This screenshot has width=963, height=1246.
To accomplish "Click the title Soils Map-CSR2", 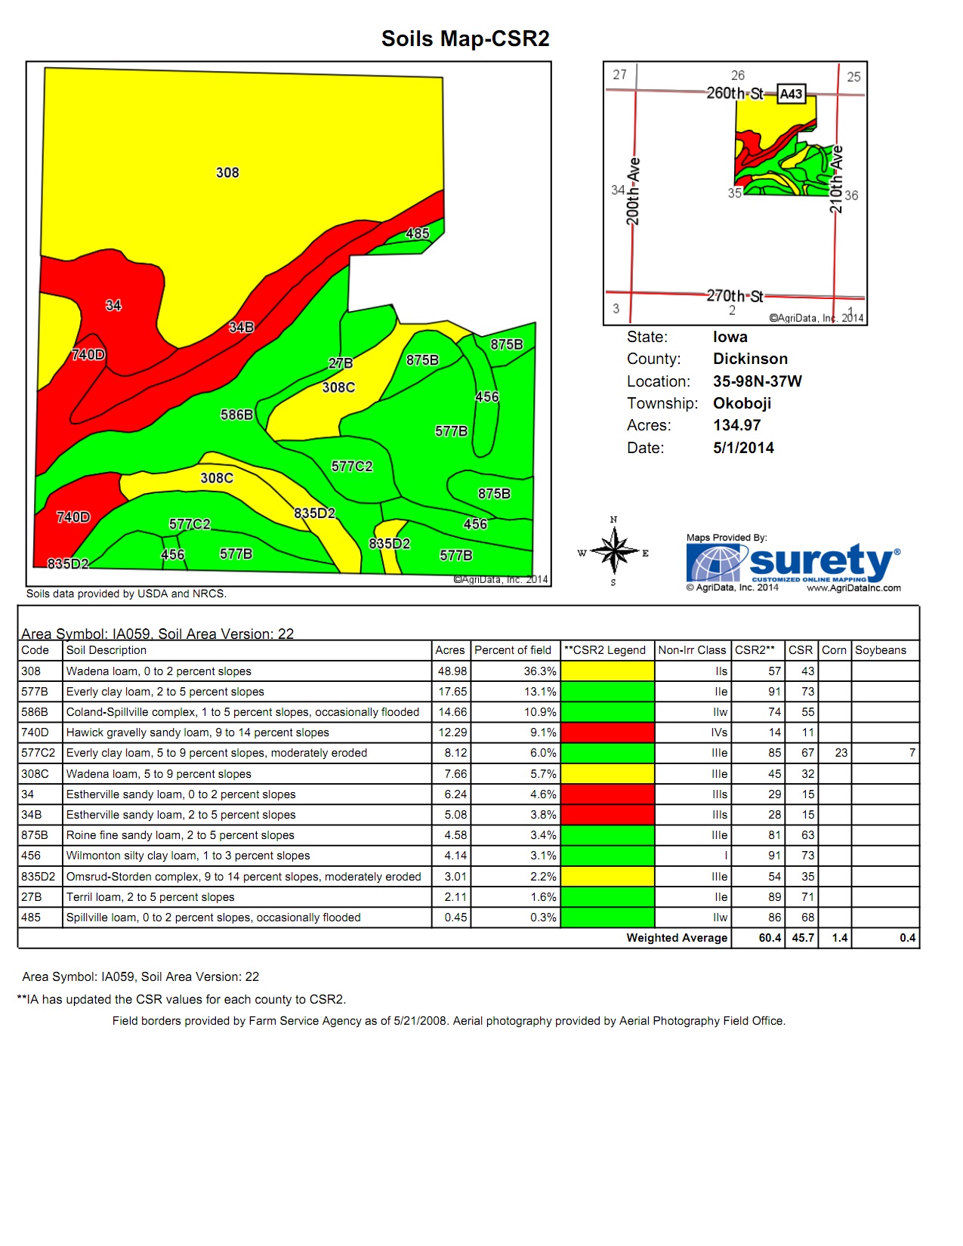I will [x=465, y=39].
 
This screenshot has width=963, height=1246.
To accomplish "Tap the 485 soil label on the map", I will [x=418, y=233].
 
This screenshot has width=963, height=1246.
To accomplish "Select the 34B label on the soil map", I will [x=242, y=327].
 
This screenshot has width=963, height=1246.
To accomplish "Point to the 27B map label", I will [x=341, y=363].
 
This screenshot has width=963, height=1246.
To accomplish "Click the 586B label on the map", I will [x=236, y=415].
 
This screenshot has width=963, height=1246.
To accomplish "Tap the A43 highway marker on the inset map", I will [x=791, y=94].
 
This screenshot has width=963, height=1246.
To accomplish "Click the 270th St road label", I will [x=734, y=295].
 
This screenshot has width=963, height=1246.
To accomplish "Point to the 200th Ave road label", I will [x=633, y=192].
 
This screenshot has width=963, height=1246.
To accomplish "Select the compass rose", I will [x=615, y=551].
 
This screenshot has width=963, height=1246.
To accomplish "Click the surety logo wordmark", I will [x=821, y=562].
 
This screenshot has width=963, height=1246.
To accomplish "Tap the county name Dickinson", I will [x=750, y=359].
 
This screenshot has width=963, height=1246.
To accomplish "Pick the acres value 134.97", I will [x=736, y=425].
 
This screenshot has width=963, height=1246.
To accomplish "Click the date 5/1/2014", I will [x=743, y=448].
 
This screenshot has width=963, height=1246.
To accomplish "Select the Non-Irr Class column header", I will [x=691, y=650].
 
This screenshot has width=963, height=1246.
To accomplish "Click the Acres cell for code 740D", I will [x=452, y=732].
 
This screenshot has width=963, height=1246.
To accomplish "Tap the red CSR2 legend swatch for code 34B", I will [x=607, y=815].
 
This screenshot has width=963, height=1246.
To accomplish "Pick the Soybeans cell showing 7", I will [x=912, y=753].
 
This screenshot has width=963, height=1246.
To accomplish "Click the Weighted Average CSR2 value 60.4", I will [x=770, y=938].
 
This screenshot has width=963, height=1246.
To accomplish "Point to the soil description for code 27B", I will [x=150, y=897].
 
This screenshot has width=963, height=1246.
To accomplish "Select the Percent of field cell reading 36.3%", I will [x=540, y=671].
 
